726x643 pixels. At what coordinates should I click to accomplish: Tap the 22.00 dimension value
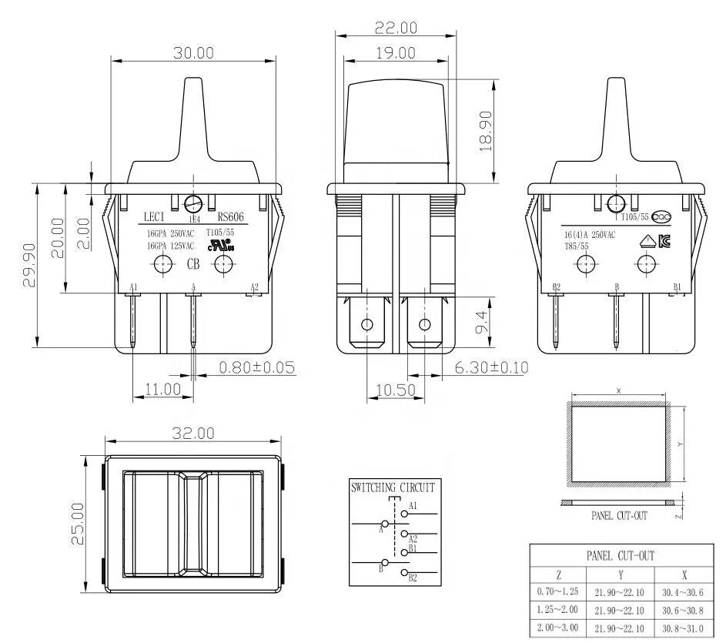(396, 28)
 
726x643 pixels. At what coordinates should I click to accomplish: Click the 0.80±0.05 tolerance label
(257, 367)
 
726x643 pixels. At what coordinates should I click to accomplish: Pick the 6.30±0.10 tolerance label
(491, 367)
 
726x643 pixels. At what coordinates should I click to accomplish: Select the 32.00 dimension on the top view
(193, 434)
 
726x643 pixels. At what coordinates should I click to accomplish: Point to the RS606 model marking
(230, 217)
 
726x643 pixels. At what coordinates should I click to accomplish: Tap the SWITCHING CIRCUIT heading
(393, 487)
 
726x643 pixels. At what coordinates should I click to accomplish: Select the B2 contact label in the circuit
(413, 578)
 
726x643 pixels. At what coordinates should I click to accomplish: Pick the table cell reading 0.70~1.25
(558, 591)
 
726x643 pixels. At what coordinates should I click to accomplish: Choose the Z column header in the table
(558, 574)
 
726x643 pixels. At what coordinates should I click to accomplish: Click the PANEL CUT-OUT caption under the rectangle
(619, 516)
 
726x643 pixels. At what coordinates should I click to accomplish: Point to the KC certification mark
(664, 241)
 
